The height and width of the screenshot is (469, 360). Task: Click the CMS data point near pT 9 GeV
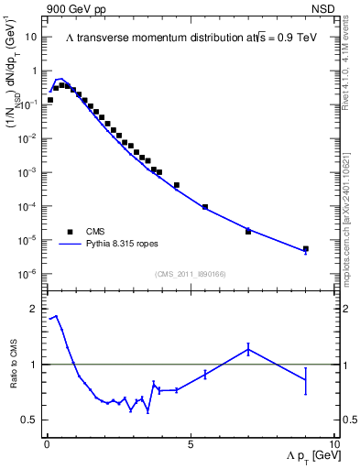(306, 248)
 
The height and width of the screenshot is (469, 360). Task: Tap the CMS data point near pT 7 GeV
(248, 232)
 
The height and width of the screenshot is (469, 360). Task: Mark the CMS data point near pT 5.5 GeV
(205, 207)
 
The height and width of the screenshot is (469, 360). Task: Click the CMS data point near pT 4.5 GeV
(177, 185)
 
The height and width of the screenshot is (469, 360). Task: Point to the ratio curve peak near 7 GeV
(248, 348)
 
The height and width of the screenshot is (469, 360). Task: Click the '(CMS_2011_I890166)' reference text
(191, 273)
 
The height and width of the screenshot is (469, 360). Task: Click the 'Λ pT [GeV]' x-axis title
(304, 456)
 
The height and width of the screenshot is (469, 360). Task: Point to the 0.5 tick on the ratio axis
(32, 420)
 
